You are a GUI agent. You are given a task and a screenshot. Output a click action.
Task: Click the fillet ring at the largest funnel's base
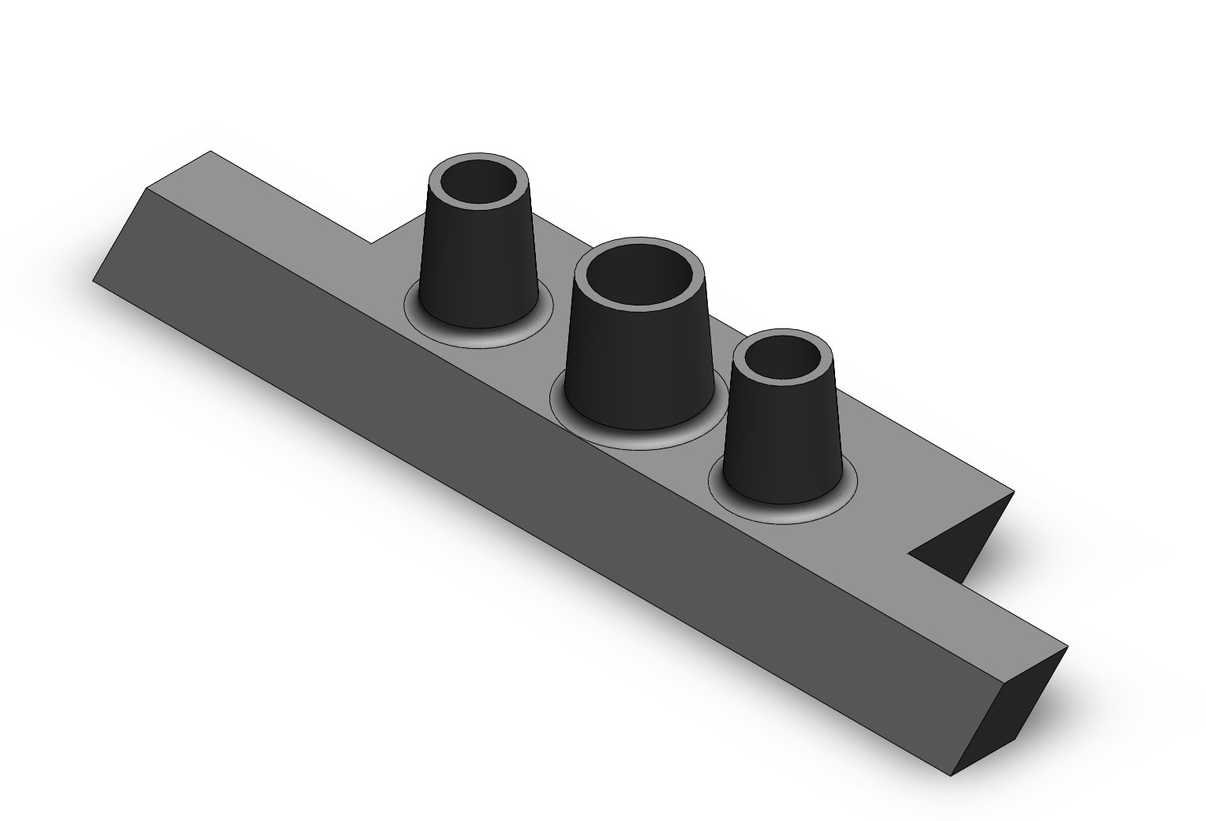(639, 439)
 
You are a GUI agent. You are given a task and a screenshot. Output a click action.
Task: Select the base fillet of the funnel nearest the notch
(781, 508)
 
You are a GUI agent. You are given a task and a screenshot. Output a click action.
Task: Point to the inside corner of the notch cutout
(908, 553)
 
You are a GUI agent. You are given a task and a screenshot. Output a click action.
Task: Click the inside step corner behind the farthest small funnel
(371, 243)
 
